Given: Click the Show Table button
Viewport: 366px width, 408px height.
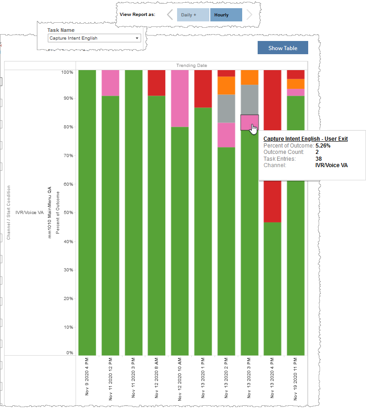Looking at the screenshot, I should (x=283, y=48).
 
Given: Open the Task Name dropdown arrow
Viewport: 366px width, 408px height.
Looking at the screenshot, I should (x=137, y=38).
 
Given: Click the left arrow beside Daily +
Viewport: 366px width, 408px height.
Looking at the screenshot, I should (x=170, y=15).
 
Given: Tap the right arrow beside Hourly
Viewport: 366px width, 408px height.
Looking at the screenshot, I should (x=249, y=15).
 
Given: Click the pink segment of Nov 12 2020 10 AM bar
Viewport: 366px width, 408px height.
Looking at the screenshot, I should (x=180, y=98).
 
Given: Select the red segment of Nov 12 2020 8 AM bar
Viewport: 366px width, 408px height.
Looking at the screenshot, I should (x=157, y=83).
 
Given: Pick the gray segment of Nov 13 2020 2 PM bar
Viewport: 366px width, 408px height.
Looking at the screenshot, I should (x=226, y=108).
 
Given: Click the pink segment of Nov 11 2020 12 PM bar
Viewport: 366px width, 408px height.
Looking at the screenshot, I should (x=110, y=83).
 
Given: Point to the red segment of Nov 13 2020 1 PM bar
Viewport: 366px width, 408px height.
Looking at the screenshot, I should (x=203, y=89).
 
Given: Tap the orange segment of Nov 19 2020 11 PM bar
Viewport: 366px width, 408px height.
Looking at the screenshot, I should (x=295, y=84).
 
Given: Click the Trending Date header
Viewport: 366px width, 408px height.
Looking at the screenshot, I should (x=192, y=66).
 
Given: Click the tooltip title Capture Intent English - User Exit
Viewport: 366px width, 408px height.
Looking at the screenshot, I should (x=305, y=138).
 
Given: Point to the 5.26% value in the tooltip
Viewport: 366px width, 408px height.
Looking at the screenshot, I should (x=323, y=146).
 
